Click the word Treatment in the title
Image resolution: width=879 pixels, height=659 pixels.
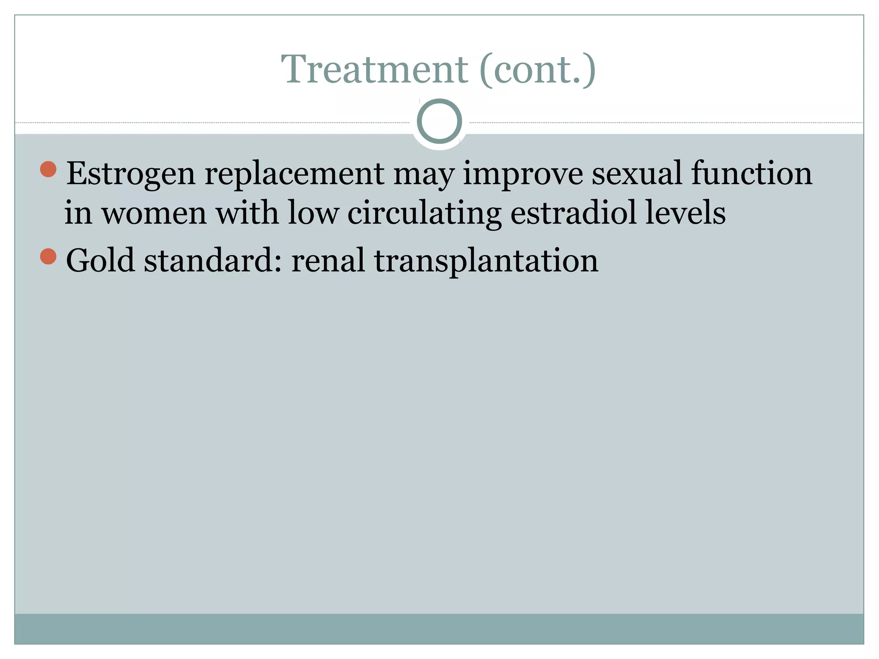pos(374,70)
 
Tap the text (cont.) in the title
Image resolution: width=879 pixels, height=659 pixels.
pos(537,70)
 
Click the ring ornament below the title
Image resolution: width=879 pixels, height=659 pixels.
pos(439,121)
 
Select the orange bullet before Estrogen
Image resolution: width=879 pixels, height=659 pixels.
pos(48,169)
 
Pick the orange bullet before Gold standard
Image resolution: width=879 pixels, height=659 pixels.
pos(48,257)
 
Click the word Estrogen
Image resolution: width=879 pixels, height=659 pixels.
pos(130,174)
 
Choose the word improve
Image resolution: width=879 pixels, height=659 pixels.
pos(523,174)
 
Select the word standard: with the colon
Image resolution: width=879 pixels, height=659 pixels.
pos(213,260)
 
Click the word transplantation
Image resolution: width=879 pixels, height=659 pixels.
pos(486,261)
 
